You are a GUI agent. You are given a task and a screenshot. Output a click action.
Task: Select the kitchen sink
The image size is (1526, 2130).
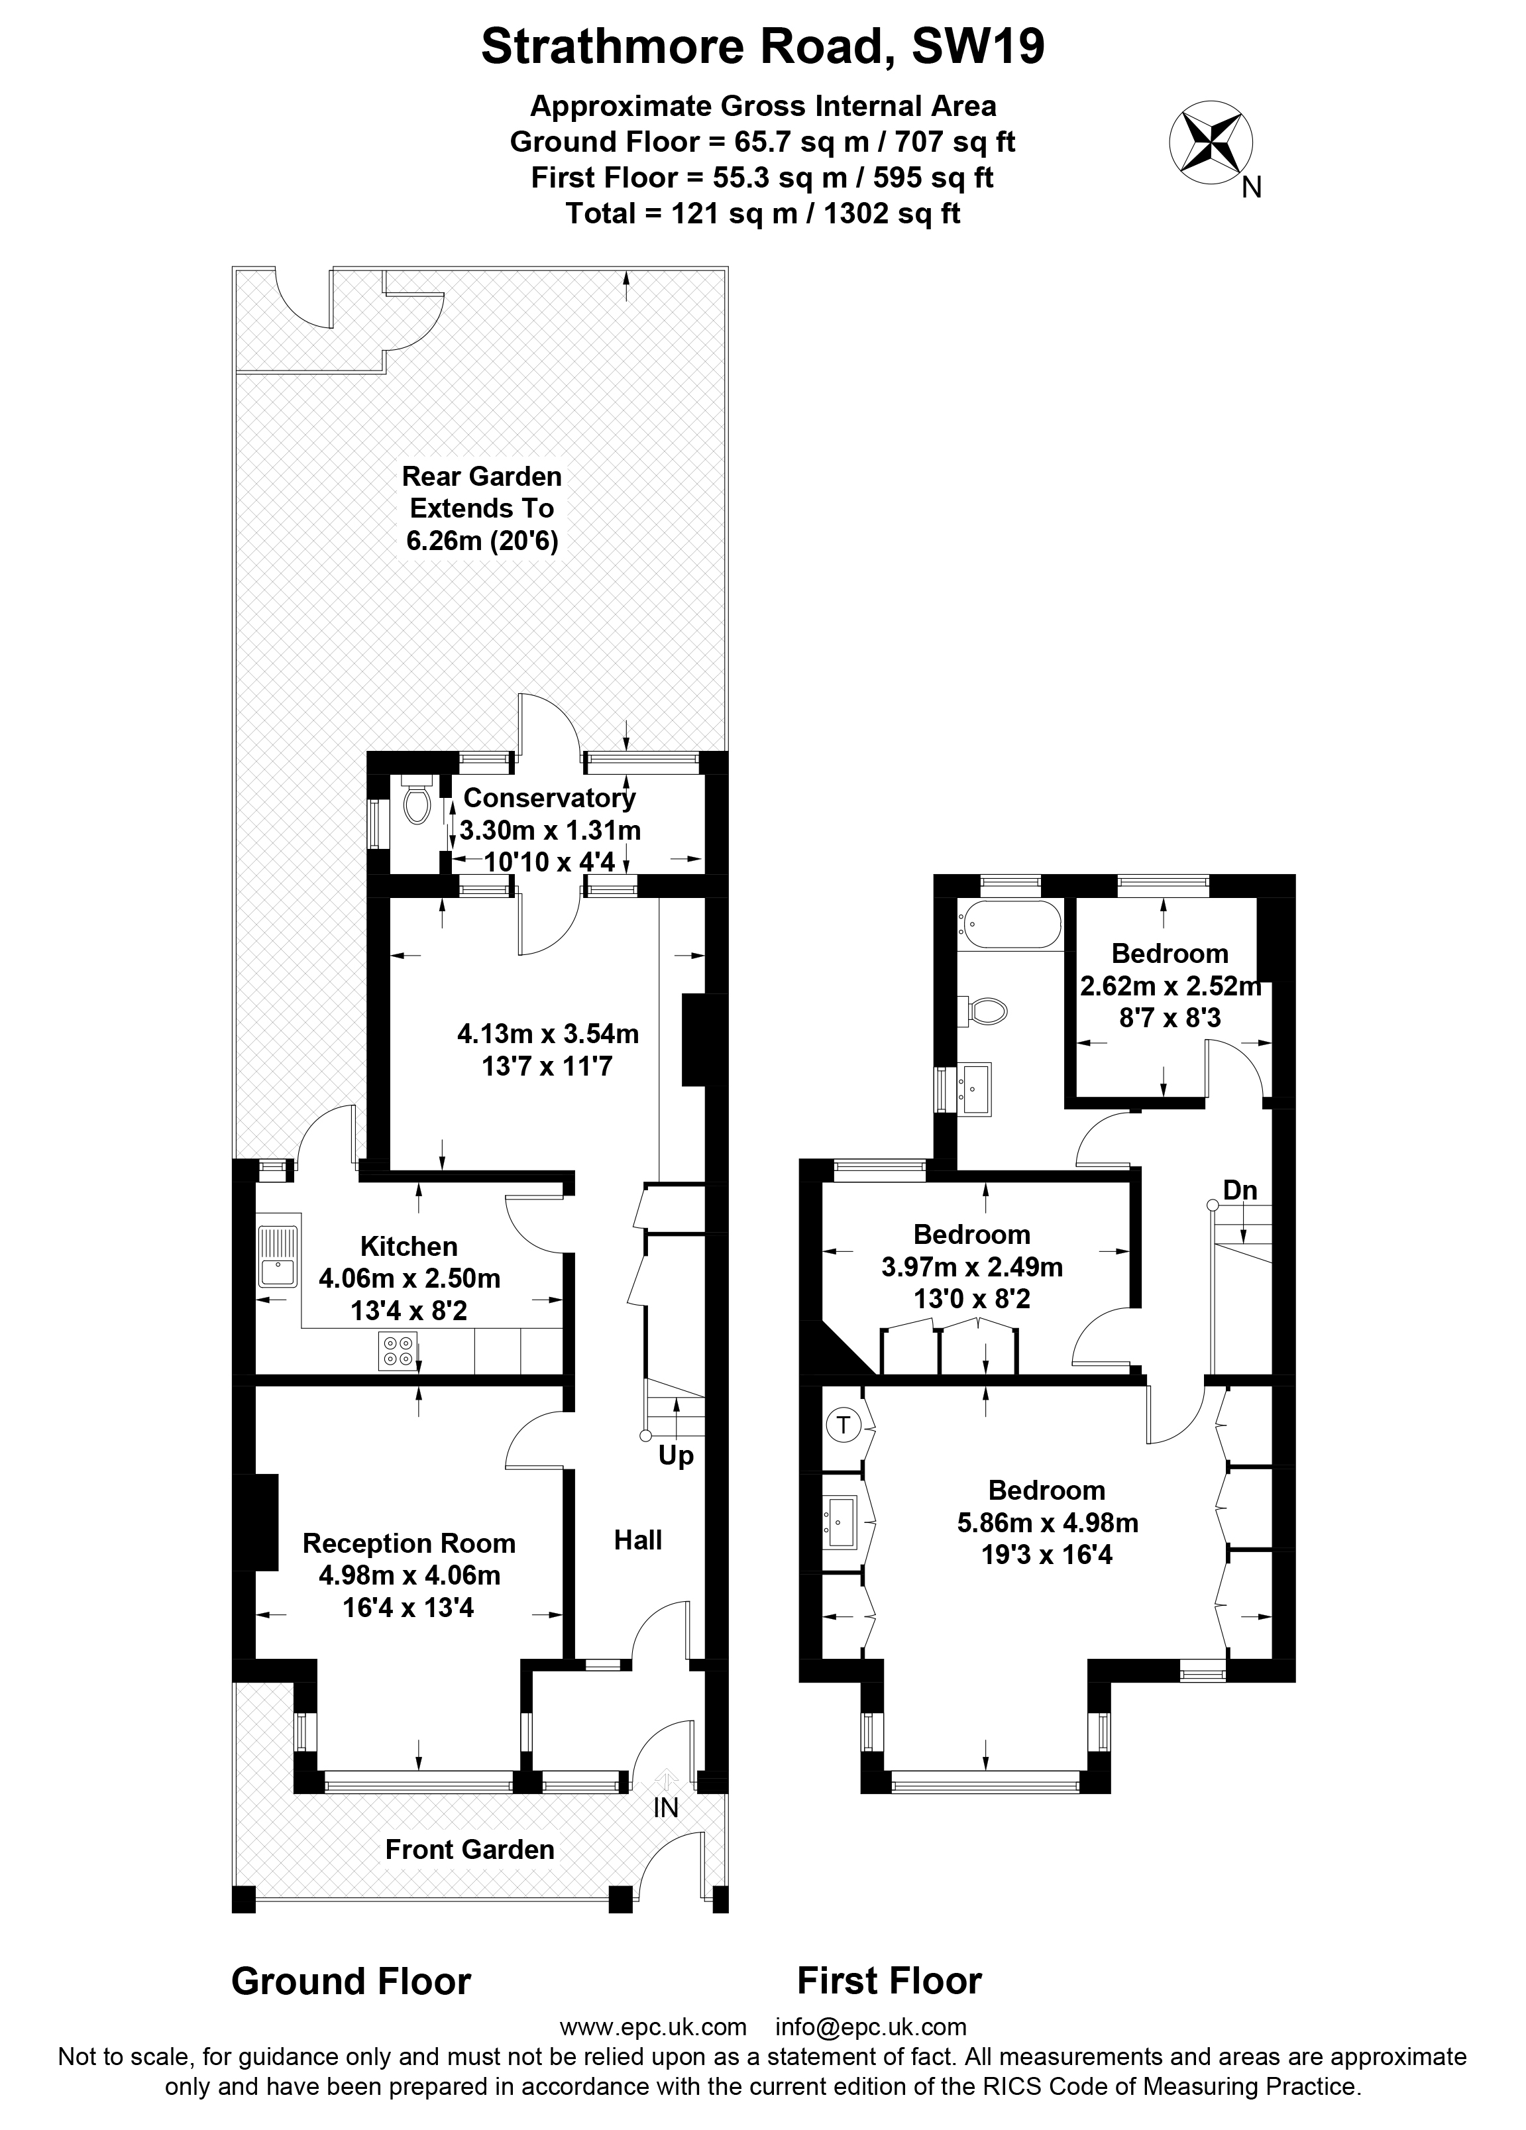278,1257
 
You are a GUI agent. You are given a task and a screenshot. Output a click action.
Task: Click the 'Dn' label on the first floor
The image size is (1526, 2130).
1240,1190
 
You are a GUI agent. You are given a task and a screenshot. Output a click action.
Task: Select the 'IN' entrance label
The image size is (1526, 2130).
665,1807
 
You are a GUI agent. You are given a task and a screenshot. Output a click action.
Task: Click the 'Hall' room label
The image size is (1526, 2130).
637,1540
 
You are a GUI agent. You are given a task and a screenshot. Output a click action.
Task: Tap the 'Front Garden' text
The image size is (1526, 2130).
470,1849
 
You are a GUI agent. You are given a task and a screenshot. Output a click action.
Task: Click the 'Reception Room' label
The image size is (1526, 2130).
408,1543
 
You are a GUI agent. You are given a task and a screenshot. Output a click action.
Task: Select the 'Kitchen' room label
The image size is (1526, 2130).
408,1247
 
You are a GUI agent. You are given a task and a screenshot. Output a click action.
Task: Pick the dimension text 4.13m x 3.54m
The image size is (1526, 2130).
547,1034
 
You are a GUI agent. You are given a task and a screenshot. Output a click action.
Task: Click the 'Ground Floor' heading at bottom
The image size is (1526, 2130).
351,1981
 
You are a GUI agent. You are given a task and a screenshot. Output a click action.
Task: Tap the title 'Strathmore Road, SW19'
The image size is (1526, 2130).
763,46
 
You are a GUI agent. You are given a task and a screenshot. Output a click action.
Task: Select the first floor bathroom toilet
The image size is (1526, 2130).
981,1011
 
